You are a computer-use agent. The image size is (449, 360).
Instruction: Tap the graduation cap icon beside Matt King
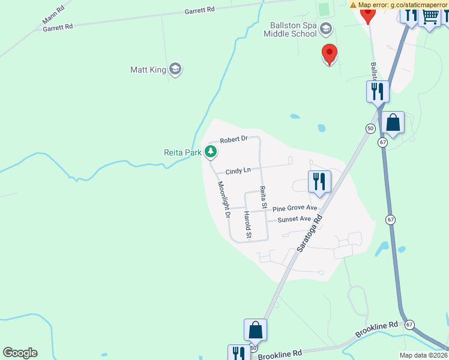click(x=175, y=70)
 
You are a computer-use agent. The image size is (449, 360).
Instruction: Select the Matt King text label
click(x=148, y=70)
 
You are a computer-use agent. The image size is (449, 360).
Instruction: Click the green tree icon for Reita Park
click(x=211, y=152)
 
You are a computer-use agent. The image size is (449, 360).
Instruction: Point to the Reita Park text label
click(x=182, y=152)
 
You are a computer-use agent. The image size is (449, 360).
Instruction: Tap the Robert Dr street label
click(x=234, y=140)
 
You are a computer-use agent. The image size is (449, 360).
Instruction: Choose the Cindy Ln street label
click(x=238, y=171)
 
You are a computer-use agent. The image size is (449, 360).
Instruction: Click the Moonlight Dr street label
click(x=223, y=199)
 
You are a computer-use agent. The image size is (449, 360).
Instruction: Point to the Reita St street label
click(x=263, y=197)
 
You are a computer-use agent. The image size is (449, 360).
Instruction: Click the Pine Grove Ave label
click(x=295, y=208)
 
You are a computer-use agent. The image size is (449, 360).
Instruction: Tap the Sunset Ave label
click(x=294, y=220)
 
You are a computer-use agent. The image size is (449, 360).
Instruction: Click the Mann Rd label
click(x=53, y=16)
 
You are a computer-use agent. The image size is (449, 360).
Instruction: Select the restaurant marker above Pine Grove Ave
click(x=319, y=181)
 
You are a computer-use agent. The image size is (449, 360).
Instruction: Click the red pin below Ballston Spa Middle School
click(x=329, y=54)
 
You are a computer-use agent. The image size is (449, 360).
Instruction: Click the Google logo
click(x=20, y=353)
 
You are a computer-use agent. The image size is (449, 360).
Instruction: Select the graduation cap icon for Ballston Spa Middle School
click(x=325, y=28)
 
